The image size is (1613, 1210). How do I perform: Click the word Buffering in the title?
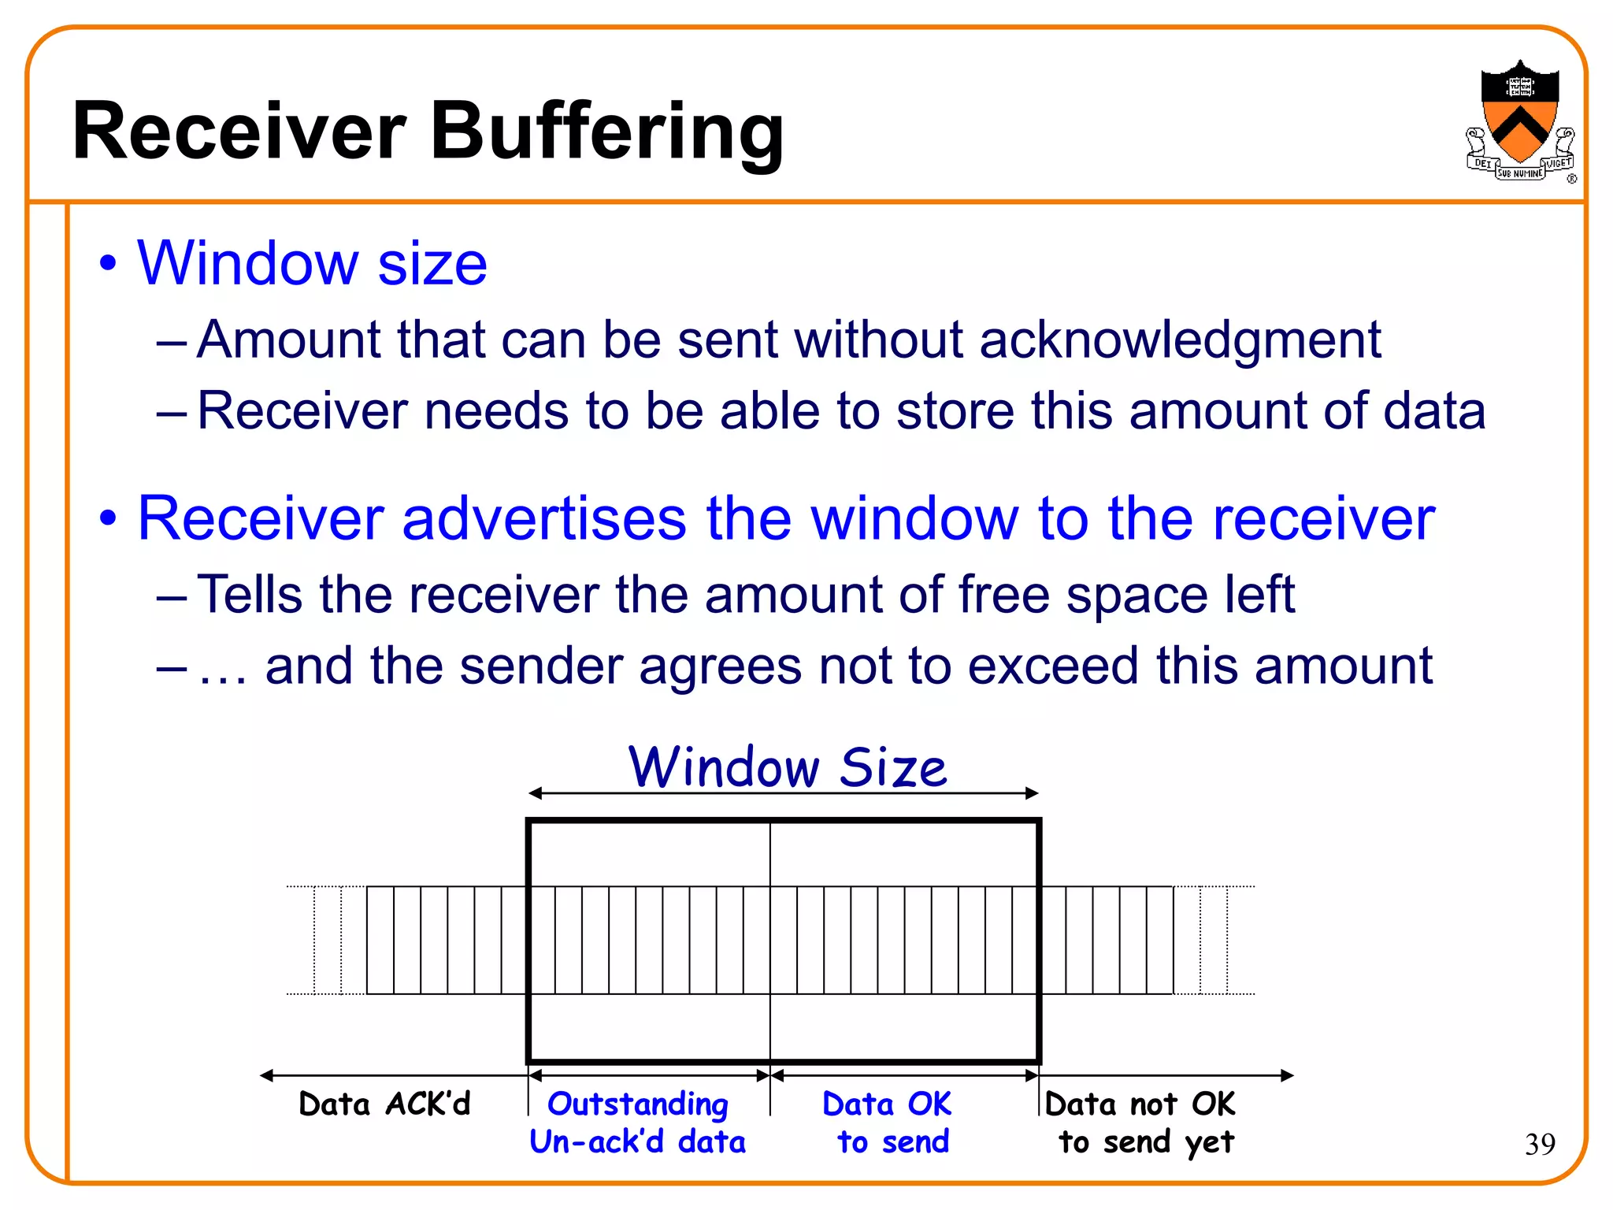tap(606, 132)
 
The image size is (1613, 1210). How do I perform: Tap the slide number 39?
tap(1540, 1144)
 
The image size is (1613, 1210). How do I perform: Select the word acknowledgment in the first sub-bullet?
tap(1180, 340)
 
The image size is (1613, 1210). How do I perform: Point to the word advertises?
tap(544, 519)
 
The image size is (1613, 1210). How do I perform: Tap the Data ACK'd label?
tap(384, 1104)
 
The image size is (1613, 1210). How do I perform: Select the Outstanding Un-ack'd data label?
tap(638, 1123)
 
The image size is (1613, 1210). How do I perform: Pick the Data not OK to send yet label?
tap(1142, 1123)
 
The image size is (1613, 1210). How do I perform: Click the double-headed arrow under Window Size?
tap(784, 793)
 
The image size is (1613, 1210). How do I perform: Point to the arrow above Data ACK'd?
tap(394, 1075)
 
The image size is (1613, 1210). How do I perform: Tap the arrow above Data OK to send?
tap(904, 1075)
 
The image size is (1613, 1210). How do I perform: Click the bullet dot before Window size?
tap(108, 263)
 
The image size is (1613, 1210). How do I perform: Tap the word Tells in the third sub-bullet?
tap(250, 594)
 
